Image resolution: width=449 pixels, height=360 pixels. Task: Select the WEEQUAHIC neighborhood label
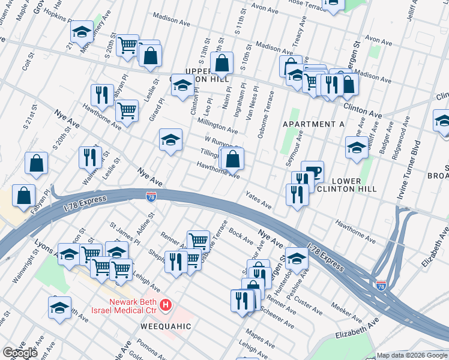coord(166,326)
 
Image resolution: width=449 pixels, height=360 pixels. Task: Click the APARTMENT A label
coord(309,124)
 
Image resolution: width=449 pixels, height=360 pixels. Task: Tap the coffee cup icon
coord(312,171)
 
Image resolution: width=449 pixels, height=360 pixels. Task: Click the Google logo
coord(20,353)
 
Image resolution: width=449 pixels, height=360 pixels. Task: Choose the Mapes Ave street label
coord(260,335)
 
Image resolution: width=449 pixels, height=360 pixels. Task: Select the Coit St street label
coord(26,62)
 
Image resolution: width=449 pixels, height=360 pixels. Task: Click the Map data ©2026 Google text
coord(412,355)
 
